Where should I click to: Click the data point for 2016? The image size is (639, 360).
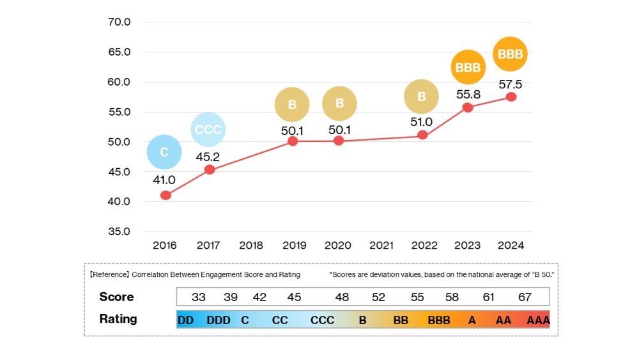pyautogui.click(x=166, y=195)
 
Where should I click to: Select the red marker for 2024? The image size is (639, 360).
pyautogui.click(x=511, y=97)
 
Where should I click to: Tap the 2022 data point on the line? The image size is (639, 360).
pyautogui.click(x=422, y=135)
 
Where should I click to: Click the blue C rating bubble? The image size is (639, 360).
pyautogui.click(x=164, y=152)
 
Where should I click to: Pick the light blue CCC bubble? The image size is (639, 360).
pyautogui.click(x=208, y=130)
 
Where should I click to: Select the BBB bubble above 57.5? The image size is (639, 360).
pyautogui.click(x=511, y=54)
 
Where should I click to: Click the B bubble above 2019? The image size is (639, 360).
pyautogui.click(x=292, y=104)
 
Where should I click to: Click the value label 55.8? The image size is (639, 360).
pyautogui.click(x=468, y=94)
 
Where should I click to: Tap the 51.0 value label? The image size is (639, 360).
pyautogui.click(x=422, y=121)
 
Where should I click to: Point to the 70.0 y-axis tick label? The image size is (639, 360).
pyautogui.click(x=119, y=22)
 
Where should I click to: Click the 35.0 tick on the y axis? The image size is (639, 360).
pyautogui.click(x=119, y=231)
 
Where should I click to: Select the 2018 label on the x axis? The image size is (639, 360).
pyautogui.click(x=250, y=246)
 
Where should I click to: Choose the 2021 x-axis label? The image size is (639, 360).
pyautogui.click(x=381, y=246)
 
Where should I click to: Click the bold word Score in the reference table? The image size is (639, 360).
pyautogui.click(x=116, y=297)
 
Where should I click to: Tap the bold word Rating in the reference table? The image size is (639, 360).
pyautogui.click(x=118, y=318)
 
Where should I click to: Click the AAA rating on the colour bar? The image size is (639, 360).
pyautogui.click(x=538, y=320)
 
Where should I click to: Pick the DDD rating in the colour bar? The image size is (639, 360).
pyautogui.click(x=219, y=320)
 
